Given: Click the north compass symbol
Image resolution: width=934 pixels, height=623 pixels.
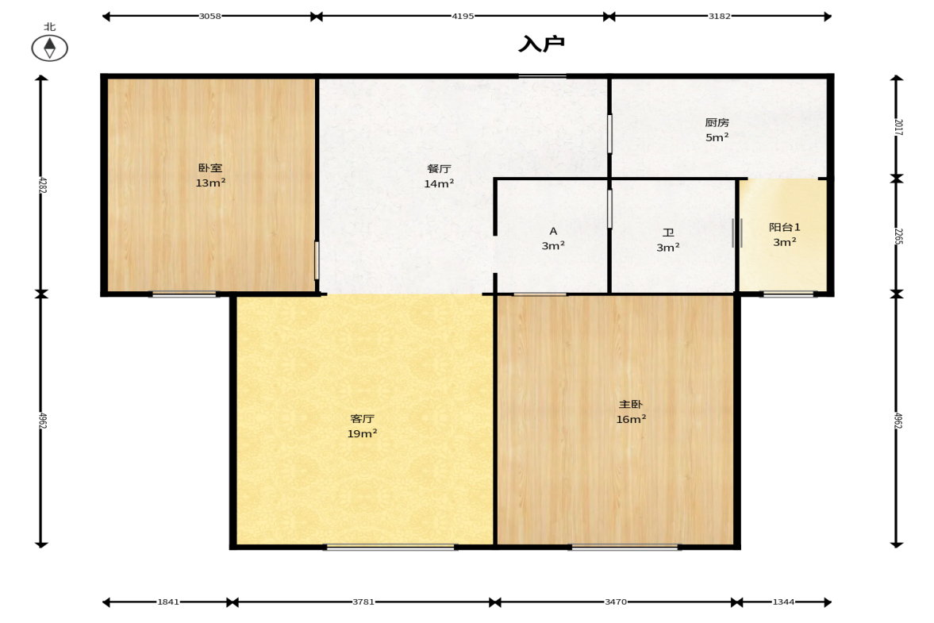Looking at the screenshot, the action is click(49, 48).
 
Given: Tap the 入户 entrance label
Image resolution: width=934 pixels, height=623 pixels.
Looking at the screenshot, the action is click(541, 44).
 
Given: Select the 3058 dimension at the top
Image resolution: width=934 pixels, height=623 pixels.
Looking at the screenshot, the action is click(209, 16).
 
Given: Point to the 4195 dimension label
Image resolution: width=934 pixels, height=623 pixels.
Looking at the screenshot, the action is click(462, 16).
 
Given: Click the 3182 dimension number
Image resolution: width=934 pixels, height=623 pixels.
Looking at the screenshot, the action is click(719, 16).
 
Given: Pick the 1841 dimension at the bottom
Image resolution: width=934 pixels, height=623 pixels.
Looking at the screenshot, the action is click(168, 602).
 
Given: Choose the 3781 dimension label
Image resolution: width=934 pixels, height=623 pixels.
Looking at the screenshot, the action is click(363, 602).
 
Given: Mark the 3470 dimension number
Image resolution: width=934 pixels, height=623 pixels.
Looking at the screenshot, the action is click(615, 602).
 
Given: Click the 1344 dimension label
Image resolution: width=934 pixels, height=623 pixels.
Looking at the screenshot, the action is click(783, 602).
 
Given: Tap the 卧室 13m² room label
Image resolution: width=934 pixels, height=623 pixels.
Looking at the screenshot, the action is click(210, 175).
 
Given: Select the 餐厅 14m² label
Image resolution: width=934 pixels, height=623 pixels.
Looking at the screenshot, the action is click(439, 176).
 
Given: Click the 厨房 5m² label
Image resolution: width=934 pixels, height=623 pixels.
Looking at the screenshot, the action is click(717, 130).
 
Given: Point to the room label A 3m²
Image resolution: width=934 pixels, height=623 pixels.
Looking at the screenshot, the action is click(553, 237).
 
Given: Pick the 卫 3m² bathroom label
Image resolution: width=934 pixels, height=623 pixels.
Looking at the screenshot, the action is click(668, 240).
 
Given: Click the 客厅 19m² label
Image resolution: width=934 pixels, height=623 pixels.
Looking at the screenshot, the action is click(362, 426).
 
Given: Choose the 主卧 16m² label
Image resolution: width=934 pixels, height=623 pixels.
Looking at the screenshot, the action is click(631, 412).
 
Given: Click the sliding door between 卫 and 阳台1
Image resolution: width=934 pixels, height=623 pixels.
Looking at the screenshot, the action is click(737, 233).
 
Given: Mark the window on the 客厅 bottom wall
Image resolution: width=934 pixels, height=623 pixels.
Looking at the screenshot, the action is click(390, 547).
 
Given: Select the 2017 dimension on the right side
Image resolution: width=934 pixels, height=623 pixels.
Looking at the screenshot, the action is click(898, 128).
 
